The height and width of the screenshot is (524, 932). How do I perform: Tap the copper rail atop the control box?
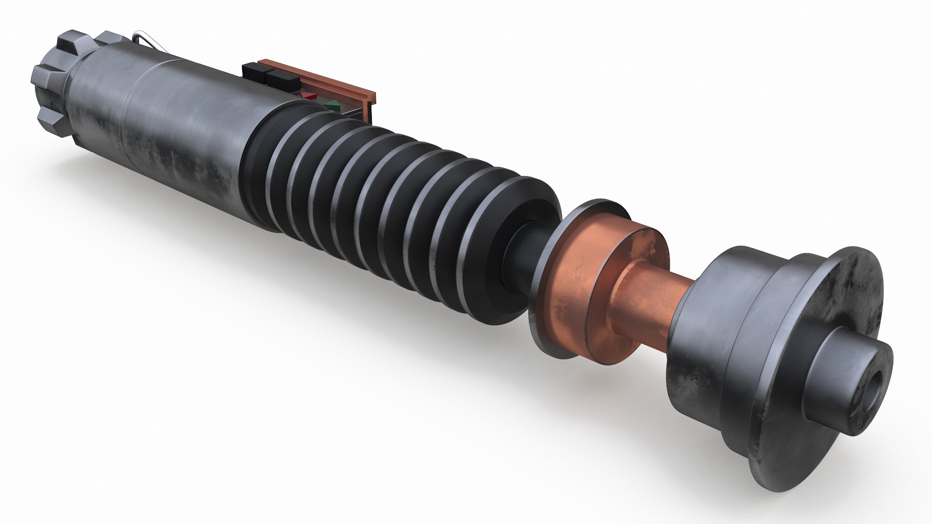coord(316,76)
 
